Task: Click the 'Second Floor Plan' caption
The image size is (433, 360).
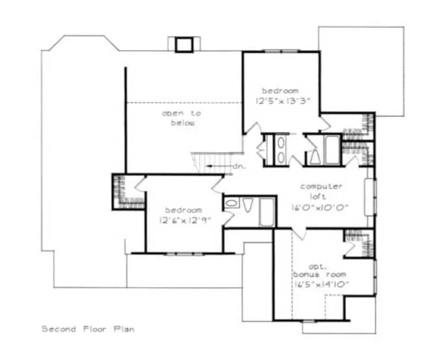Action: (x=89, y=329)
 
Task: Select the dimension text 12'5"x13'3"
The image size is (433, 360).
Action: (x=283, y=101)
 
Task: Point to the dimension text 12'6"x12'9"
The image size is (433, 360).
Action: (x=183, y=220)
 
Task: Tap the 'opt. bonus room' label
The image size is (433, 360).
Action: (x=320, y=272)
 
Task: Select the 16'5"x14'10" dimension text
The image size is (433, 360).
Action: (x=321, y=285)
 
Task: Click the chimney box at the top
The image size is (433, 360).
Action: (x=183, y=44)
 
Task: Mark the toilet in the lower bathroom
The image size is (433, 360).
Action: (x=248, y=205)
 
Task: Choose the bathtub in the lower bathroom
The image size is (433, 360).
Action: (x=267, y=211)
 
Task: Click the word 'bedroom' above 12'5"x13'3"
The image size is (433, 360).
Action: (x=280, y=90)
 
